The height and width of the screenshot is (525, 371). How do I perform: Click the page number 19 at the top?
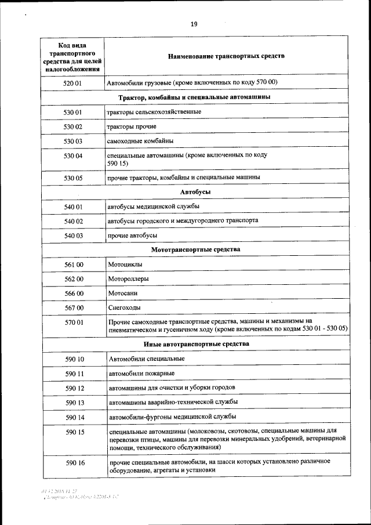click(194, 24)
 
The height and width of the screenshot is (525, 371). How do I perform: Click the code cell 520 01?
click(73, 83)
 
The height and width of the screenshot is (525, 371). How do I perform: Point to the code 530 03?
click(73, 141)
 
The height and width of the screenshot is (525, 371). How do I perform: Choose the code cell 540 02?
click(73, 221)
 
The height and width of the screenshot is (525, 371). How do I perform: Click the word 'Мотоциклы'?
click(126, 265)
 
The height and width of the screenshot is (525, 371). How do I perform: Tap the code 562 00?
click(73, 279)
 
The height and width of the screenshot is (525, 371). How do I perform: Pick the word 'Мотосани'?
click(123, 294)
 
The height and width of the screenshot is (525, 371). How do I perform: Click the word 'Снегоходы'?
click(125, 307)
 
